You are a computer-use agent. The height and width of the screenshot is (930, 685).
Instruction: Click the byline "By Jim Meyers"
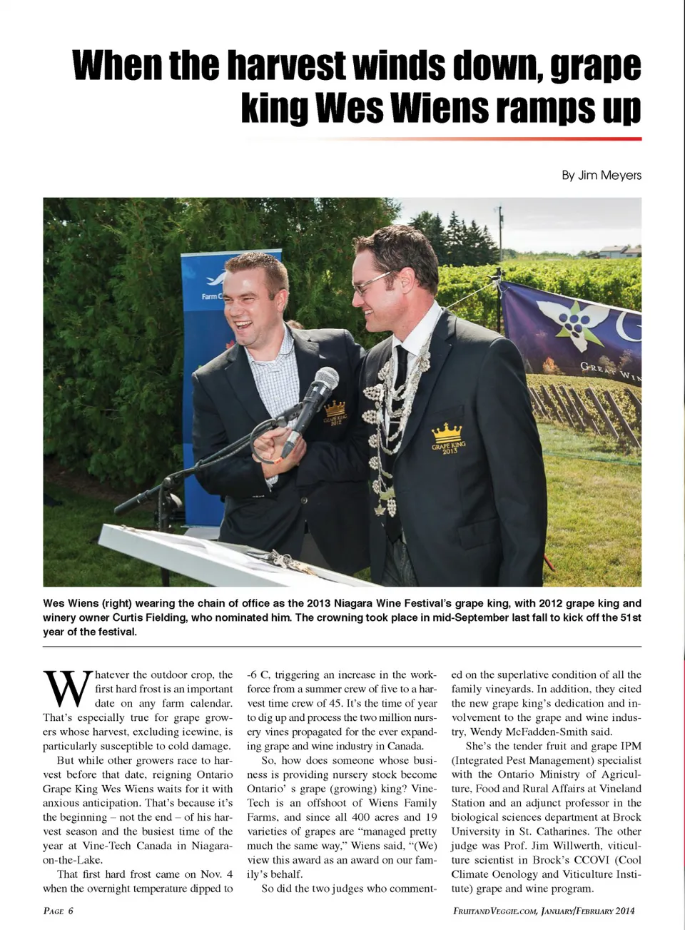(601, 175)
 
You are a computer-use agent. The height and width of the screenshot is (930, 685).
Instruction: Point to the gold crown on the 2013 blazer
(447, 433)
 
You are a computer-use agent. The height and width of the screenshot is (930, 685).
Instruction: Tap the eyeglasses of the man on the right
(375, 283)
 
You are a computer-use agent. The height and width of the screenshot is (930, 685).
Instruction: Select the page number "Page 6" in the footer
(58, 911)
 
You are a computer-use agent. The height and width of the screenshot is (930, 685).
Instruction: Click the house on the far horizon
(620, 251)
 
